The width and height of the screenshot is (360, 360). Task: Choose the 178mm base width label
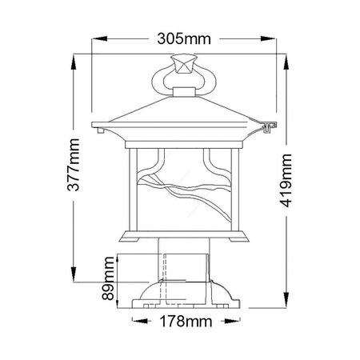[182, 322]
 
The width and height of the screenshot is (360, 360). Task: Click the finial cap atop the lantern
[182, 63]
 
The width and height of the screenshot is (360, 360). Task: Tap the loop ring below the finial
[182, 82]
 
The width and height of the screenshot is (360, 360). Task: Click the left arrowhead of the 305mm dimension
[98, 38]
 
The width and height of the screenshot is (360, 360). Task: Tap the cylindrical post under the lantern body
[182, 264]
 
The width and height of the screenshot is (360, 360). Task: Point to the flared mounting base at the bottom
[182, 298]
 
